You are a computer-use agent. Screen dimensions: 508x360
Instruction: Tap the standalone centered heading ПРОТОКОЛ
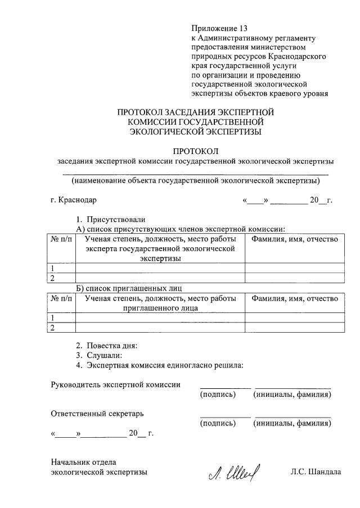click(x=195, y=151)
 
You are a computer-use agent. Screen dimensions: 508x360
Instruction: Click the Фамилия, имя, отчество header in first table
click(x=295, y=239)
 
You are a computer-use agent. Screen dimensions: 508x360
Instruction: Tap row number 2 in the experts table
click(x=53, y=278)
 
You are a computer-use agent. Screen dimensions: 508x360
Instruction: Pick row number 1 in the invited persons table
click(x=53, y=318)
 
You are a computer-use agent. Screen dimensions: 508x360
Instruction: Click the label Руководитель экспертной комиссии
click(x=116, y=385)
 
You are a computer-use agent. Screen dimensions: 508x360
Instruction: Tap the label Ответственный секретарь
click(x=97, y=414)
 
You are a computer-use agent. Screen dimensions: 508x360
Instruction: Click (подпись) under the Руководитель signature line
click(x=218, y=395)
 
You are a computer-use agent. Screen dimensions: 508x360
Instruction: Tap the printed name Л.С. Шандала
click(x=316, y=472)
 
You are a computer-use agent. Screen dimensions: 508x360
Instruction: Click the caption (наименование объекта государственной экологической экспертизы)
click(x=195, y=181)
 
